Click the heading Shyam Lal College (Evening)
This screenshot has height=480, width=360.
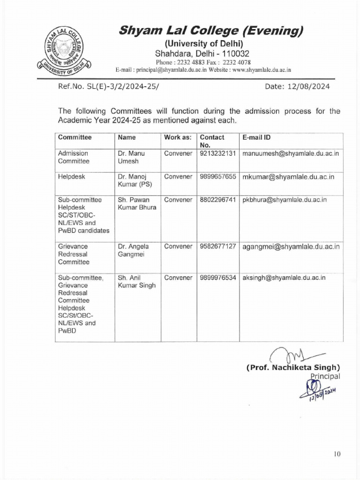click(x=210, y=31)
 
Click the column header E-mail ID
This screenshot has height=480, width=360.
click(x=256, y=138)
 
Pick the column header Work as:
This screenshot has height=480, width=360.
click(x=178, y=138)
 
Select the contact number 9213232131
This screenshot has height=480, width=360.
click(x=217, y=153)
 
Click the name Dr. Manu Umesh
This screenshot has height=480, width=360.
click(x=131, y=157)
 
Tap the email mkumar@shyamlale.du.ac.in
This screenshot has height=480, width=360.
click(x=288, y=177)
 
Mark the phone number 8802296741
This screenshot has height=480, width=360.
click(x=217, y=200)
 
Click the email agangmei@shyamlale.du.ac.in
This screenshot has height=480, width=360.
click(x=291, y=247)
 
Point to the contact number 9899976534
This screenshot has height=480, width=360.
click(x=217, y=278)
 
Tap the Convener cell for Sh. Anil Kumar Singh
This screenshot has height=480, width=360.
click(x=178, y=278)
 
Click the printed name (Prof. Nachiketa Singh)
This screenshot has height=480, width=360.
click(x=293, y=367)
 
